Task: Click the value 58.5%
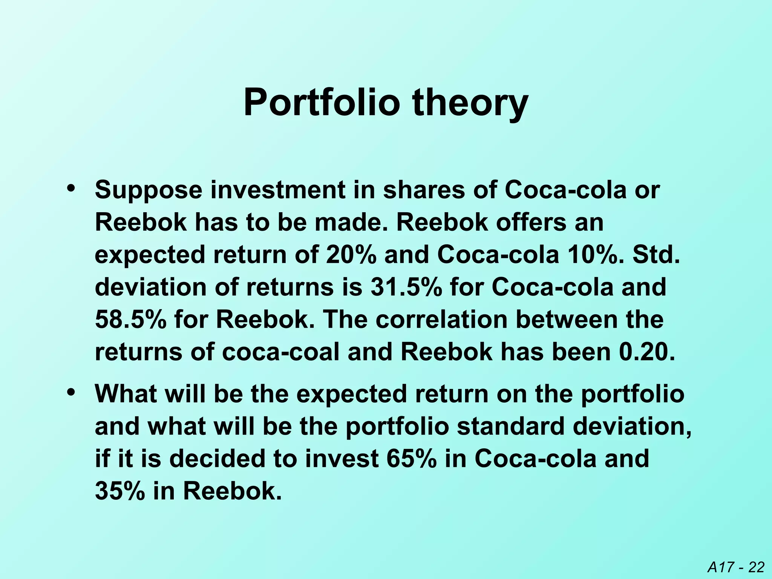(130, 320)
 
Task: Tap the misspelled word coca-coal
(280, 352)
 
